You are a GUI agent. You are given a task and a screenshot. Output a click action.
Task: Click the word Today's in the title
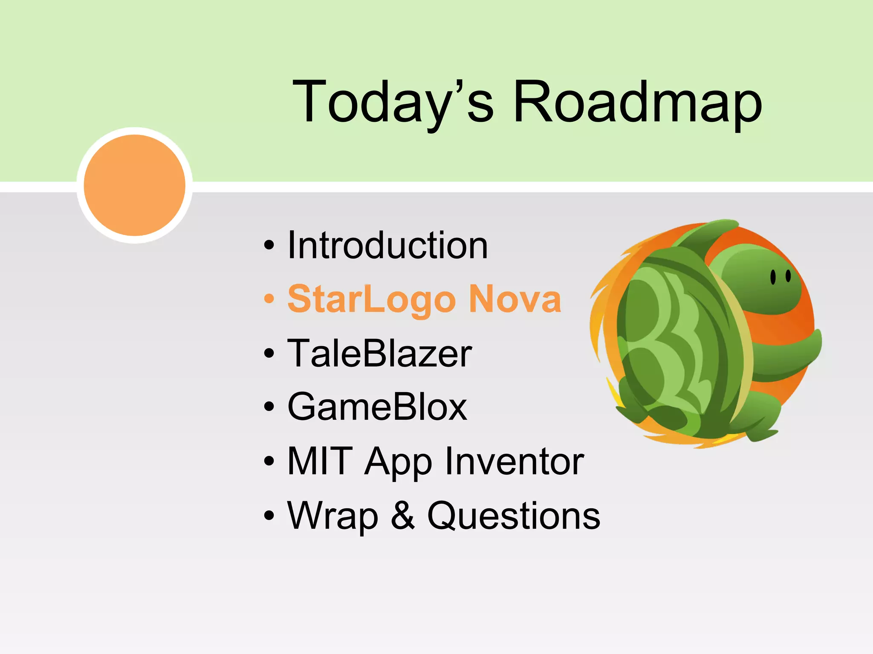pos(392,102)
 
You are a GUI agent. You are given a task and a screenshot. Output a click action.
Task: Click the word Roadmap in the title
pos(637,102)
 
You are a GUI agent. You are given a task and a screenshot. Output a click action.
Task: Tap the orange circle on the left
pos(135,185)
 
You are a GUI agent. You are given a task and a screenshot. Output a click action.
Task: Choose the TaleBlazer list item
pos(379,353)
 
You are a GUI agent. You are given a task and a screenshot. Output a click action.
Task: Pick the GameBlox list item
pos(377,407)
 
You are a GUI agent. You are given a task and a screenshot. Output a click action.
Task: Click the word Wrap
pos(332,516)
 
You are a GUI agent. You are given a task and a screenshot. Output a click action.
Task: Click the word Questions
pos(514,516)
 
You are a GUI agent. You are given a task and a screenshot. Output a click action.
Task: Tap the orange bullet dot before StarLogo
pos(269,299)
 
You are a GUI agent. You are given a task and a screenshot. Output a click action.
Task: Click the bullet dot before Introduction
pos(269,245)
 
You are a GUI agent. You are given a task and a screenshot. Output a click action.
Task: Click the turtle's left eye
pos(772,277)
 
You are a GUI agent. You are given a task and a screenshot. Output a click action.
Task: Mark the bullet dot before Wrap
pos(269,516)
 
